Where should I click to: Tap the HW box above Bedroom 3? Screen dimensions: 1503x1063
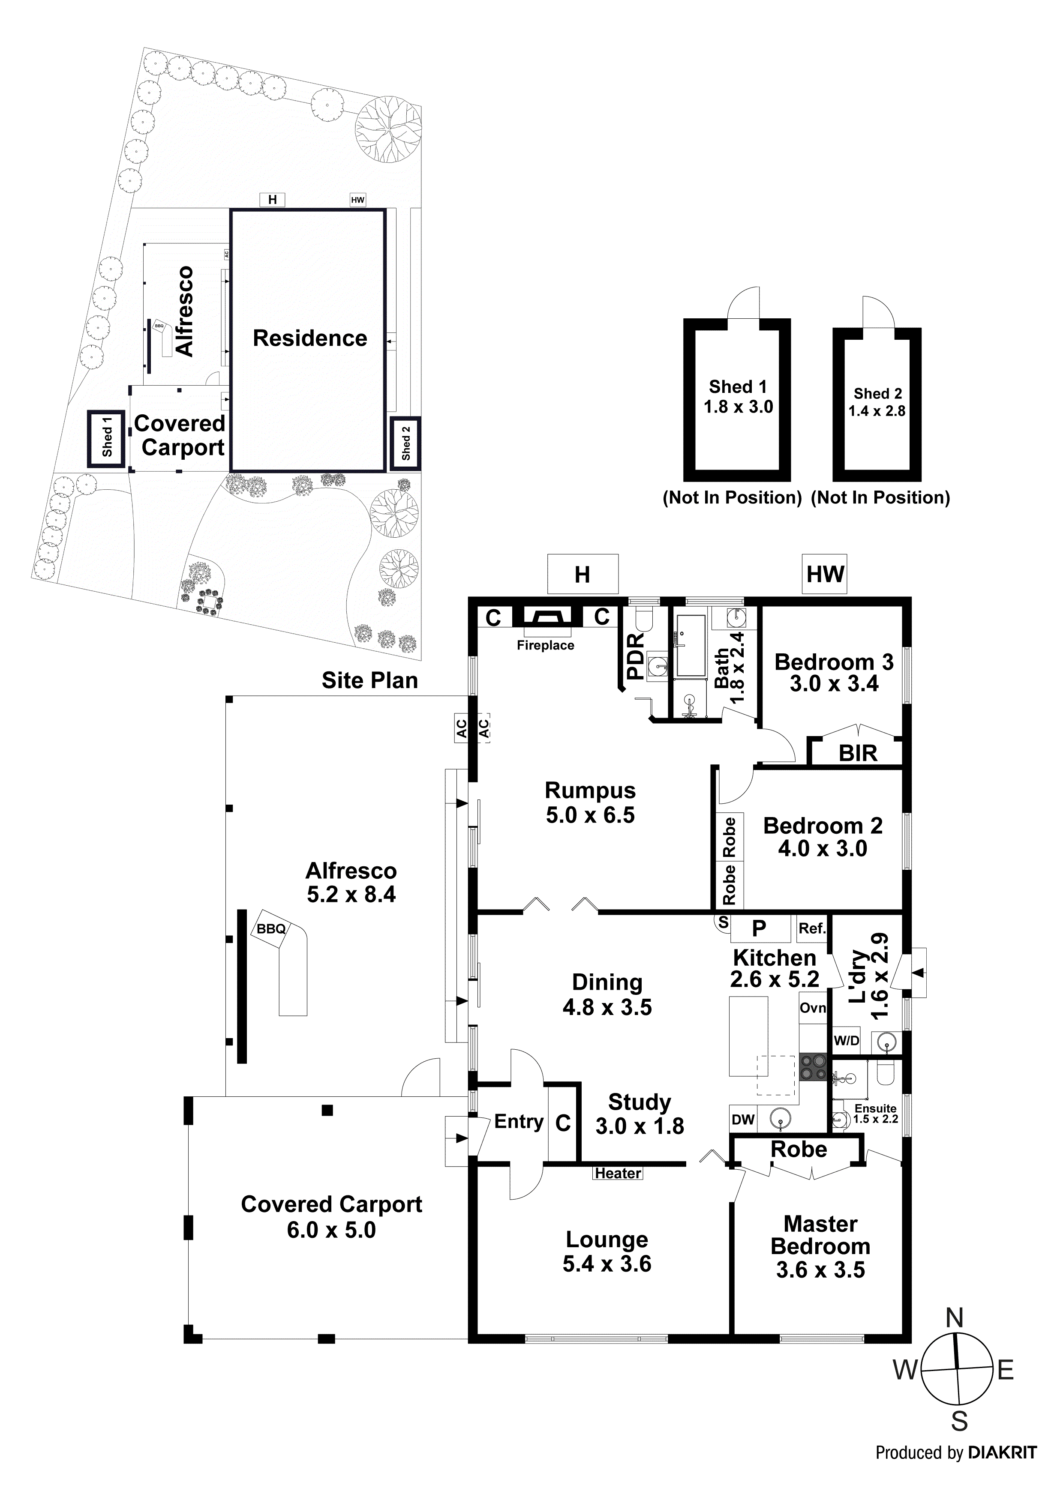click(825, 574)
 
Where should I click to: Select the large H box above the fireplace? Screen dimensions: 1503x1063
click(582, 574)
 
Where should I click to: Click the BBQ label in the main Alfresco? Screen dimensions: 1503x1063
click(270, 928)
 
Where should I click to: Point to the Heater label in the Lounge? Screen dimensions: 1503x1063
click(618, 1173)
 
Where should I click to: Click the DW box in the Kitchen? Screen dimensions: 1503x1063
click(743, 1120)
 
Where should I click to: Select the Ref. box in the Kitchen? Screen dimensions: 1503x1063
click(811, 928)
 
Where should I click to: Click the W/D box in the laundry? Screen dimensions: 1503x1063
click(846, 1040)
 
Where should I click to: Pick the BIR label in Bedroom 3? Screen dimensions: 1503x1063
click(857, 754)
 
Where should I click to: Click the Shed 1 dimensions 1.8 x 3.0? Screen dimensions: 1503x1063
click(738, 407)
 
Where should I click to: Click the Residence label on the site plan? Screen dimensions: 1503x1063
click(310, 338)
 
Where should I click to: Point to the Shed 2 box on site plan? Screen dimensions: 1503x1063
click(405, 443)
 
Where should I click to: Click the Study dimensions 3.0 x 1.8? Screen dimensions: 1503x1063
click(639, 1126)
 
